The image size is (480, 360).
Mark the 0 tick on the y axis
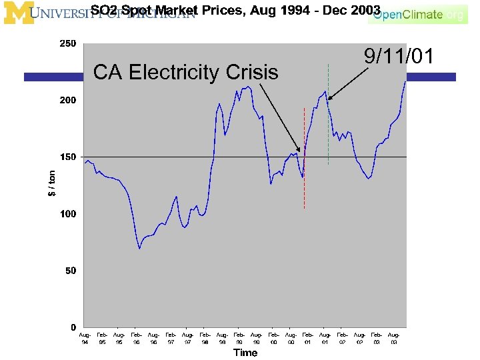click(x=74, y=327)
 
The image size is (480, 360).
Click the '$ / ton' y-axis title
click(x=52, y=183)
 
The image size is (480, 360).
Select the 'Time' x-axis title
click(x=245, y=353)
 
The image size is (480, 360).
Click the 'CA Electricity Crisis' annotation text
click(x=186, y=72)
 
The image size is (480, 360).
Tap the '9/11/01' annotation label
click(x=398, y=56)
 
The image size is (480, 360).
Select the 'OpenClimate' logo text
click(x=408, y=14)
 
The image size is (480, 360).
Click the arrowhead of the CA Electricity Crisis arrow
click(x=300, y=151)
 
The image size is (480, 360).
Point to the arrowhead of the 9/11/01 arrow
click(x=329, y=99)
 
